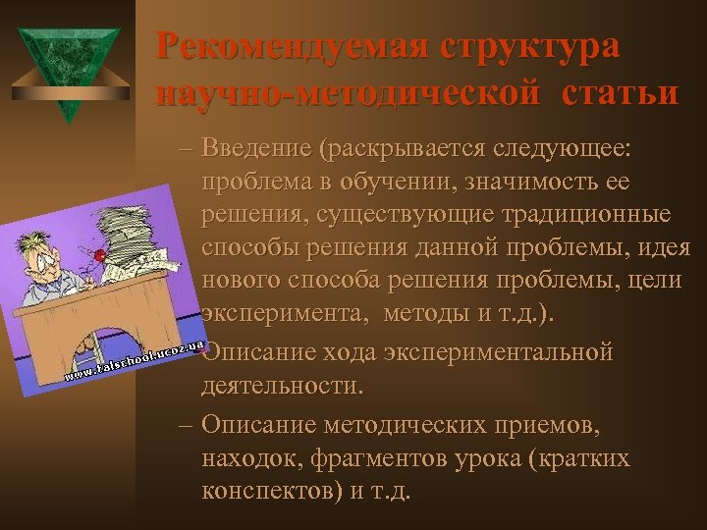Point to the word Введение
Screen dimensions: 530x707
point(254,149)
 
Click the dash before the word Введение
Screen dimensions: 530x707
point(187,149)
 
